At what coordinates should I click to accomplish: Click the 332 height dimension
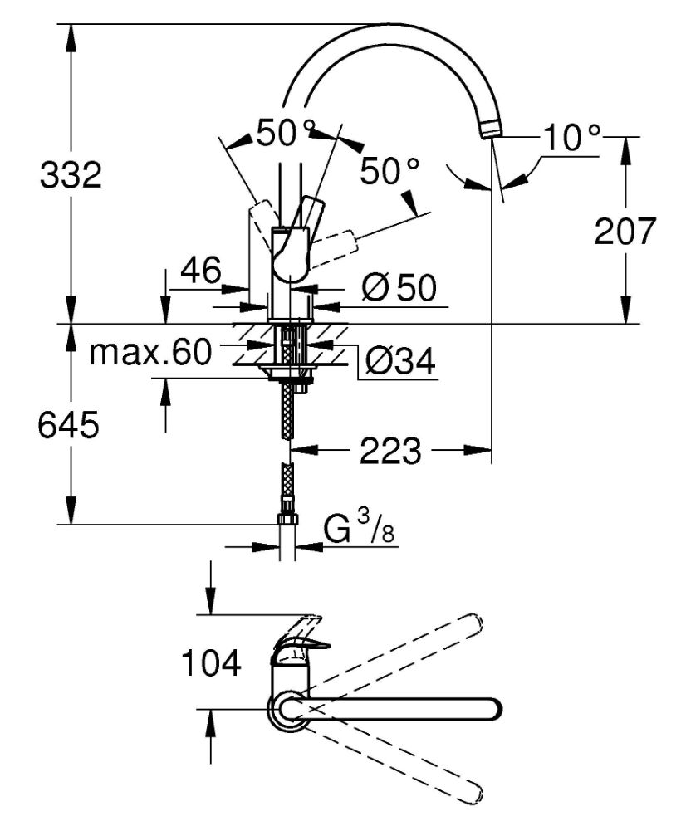pos(71,175)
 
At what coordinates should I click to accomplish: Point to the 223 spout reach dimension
pos(390,450)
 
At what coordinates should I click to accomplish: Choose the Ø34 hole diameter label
pos(400,361)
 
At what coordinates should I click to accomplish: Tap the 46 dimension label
pos(201,271)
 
